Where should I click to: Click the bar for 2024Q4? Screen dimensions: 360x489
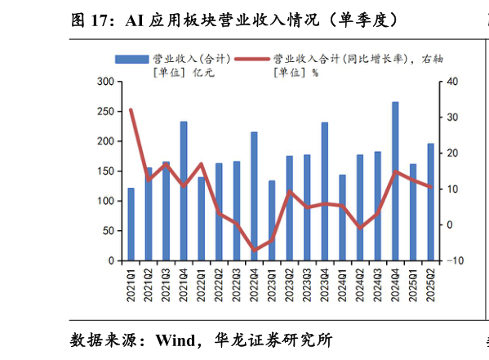(x=396, y=181)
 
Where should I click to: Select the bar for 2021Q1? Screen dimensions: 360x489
(x=131, y=224)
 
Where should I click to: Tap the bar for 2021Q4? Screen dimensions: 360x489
(x=184, y=191)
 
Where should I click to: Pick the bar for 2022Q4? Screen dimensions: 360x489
(x=254, y=196)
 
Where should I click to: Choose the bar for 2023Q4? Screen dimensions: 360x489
(x=325, y=192)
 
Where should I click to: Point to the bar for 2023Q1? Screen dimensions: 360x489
(x=272, y=220)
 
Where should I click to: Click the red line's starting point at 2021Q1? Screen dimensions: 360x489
(x=131, y=109)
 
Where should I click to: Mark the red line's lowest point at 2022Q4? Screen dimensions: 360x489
(x=254, y=251)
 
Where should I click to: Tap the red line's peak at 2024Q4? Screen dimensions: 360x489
(x=396, y=171)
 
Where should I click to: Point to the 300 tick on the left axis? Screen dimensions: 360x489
(x=104, y=82)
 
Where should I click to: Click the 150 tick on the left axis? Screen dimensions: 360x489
(x=104, y=171)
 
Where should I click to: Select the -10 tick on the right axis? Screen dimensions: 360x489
(x=454, y=261)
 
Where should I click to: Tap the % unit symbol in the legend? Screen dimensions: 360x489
(x=314, y=73)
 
